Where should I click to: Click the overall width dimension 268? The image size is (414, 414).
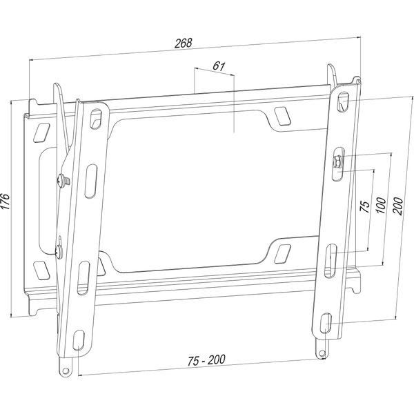(183, 43)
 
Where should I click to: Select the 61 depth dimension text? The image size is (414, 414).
(217, 66)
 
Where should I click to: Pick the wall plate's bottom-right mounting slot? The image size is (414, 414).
(282, 252)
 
